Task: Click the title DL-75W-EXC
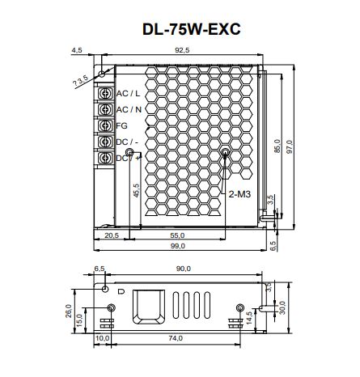pyautogui.click(x=191, y=29)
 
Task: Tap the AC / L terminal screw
pyautogui.click(x=105, y=93)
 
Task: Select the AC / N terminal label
pyautogui.click(x=129, y=110)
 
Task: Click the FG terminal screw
pyautogui.click(x=105, y=125)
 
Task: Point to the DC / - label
pyautogui.click(x=127, y=142)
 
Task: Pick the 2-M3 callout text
pyautogui.click(x=239, y=194)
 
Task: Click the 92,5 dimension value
pyautogui.click(x=182, y=50)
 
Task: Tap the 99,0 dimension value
pyautogui.click(x=177, y=246)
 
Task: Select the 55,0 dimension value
pyautogui.click(x=177, y=235)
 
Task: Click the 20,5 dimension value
pyautogui.click(x=112, y=235)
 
